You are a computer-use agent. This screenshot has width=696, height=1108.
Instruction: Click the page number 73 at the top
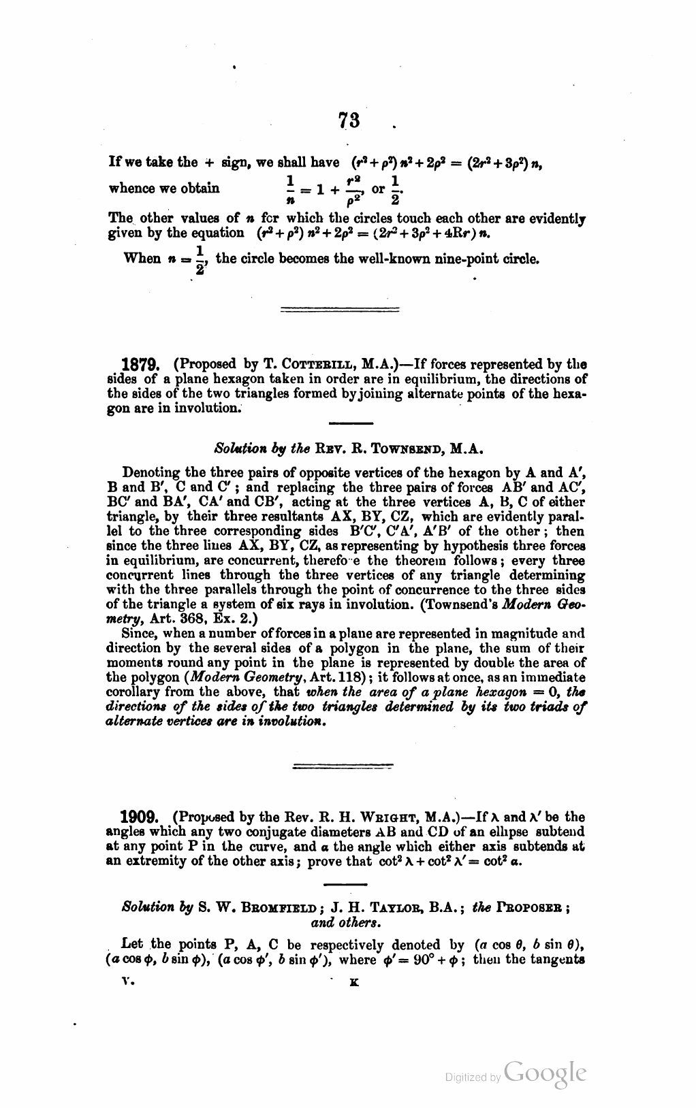point(349,120)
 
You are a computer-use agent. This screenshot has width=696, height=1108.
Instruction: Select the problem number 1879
point(140,365)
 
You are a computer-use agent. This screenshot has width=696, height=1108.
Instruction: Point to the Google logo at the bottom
point(544,1074)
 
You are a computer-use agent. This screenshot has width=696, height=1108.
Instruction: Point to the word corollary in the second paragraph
point(133,692)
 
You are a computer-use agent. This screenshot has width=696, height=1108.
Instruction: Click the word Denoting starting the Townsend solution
point(149,473)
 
